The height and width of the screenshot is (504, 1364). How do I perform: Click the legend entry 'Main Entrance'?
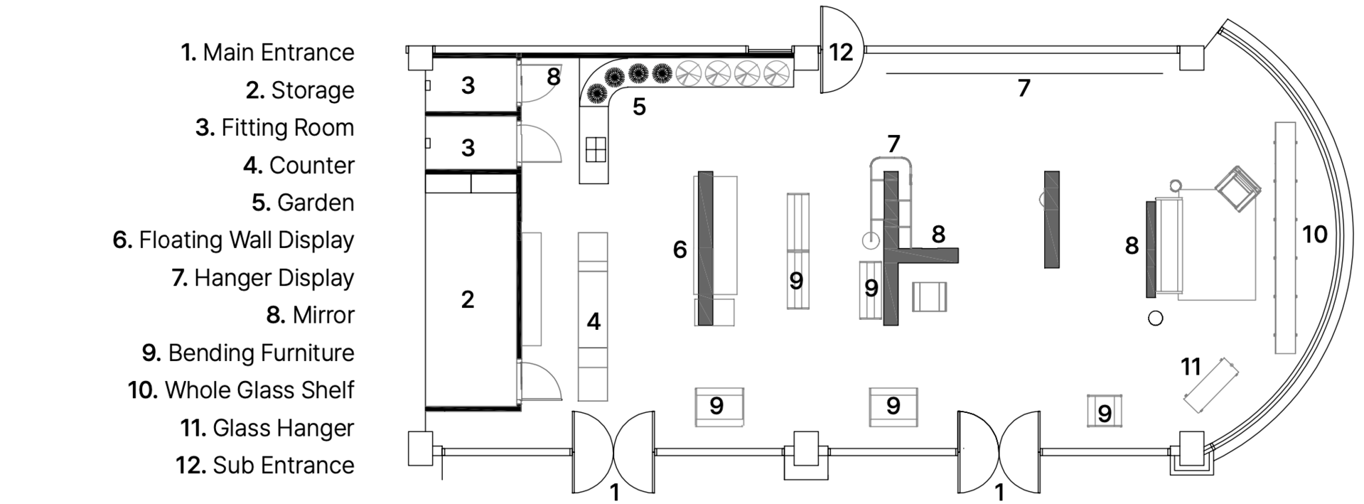[267, 53]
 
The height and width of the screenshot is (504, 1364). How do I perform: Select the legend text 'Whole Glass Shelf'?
[242, 390]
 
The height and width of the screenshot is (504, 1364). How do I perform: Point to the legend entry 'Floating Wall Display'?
[234, 240]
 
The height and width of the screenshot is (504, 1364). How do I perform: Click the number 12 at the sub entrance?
[841, 52]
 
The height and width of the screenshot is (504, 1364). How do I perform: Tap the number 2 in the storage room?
[467, 299]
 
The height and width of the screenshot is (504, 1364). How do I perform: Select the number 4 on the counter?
[594, 322]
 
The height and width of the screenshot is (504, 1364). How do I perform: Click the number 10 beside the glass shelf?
[1314, 235]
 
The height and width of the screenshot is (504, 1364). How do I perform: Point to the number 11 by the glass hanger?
[1191, 367]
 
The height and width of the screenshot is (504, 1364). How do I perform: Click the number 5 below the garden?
[639, 107]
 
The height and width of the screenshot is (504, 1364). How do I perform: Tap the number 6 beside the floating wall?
[680, 250]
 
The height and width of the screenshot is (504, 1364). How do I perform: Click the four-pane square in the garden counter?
[595, 150]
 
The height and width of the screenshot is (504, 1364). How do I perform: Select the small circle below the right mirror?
[1156, 318]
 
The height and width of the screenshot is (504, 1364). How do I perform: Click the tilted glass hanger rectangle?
[1210, 385]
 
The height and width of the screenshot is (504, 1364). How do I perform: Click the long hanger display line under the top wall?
[1024, 73]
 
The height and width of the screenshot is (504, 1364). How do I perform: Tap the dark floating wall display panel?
[705, 248]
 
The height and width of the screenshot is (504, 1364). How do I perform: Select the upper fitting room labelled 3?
[468, 85]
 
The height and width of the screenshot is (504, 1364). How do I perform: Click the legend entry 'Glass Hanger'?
[267, 428]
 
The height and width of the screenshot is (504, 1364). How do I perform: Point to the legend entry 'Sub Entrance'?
[265, 466]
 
